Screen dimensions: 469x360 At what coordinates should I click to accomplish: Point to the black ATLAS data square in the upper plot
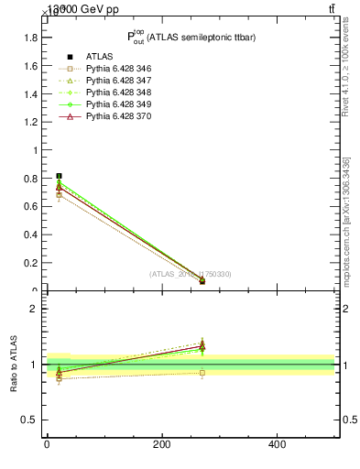(59, 176)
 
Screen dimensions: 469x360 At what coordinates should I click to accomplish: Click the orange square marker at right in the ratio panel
(202, 373)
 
